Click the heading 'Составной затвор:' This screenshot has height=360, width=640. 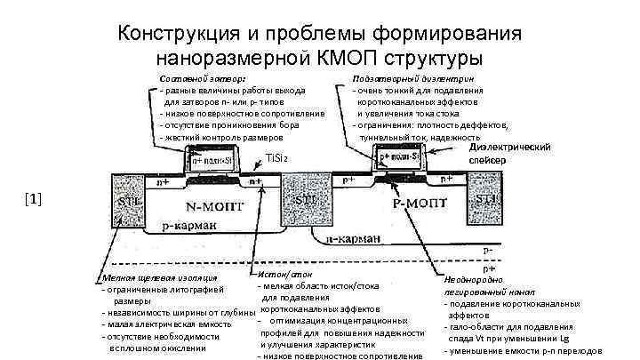point(204,78)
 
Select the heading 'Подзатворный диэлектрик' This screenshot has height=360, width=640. point(412,78)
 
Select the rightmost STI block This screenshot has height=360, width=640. point(484,199)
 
